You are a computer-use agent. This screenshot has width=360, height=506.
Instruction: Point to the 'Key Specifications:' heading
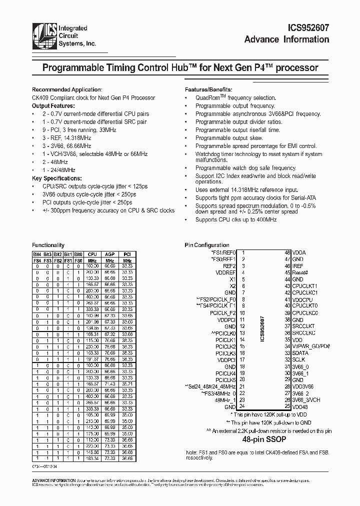[56, 178]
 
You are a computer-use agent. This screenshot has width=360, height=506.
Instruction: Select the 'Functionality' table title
[48, 245]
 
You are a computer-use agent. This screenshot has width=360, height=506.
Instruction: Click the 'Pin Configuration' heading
[207, 245]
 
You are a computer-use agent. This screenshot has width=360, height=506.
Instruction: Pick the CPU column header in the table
[92, 254]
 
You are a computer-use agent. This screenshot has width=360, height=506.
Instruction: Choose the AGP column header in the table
[109, 254]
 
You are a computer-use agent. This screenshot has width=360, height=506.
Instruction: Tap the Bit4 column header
[37, 254]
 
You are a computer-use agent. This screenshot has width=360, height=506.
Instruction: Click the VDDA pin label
[299, 253]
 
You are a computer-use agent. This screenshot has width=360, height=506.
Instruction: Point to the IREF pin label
[298, 267]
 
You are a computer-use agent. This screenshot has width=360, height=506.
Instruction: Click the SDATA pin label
[300, 352]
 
